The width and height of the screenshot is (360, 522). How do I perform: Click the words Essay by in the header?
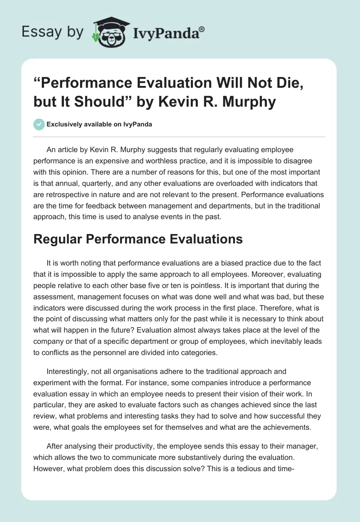[54, 32]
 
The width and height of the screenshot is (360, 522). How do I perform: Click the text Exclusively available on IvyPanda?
[99, 124]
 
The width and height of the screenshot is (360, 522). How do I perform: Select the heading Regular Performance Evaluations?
[138, 239]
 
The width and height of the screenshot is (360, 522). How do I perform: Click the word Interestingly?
[69, 372]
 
